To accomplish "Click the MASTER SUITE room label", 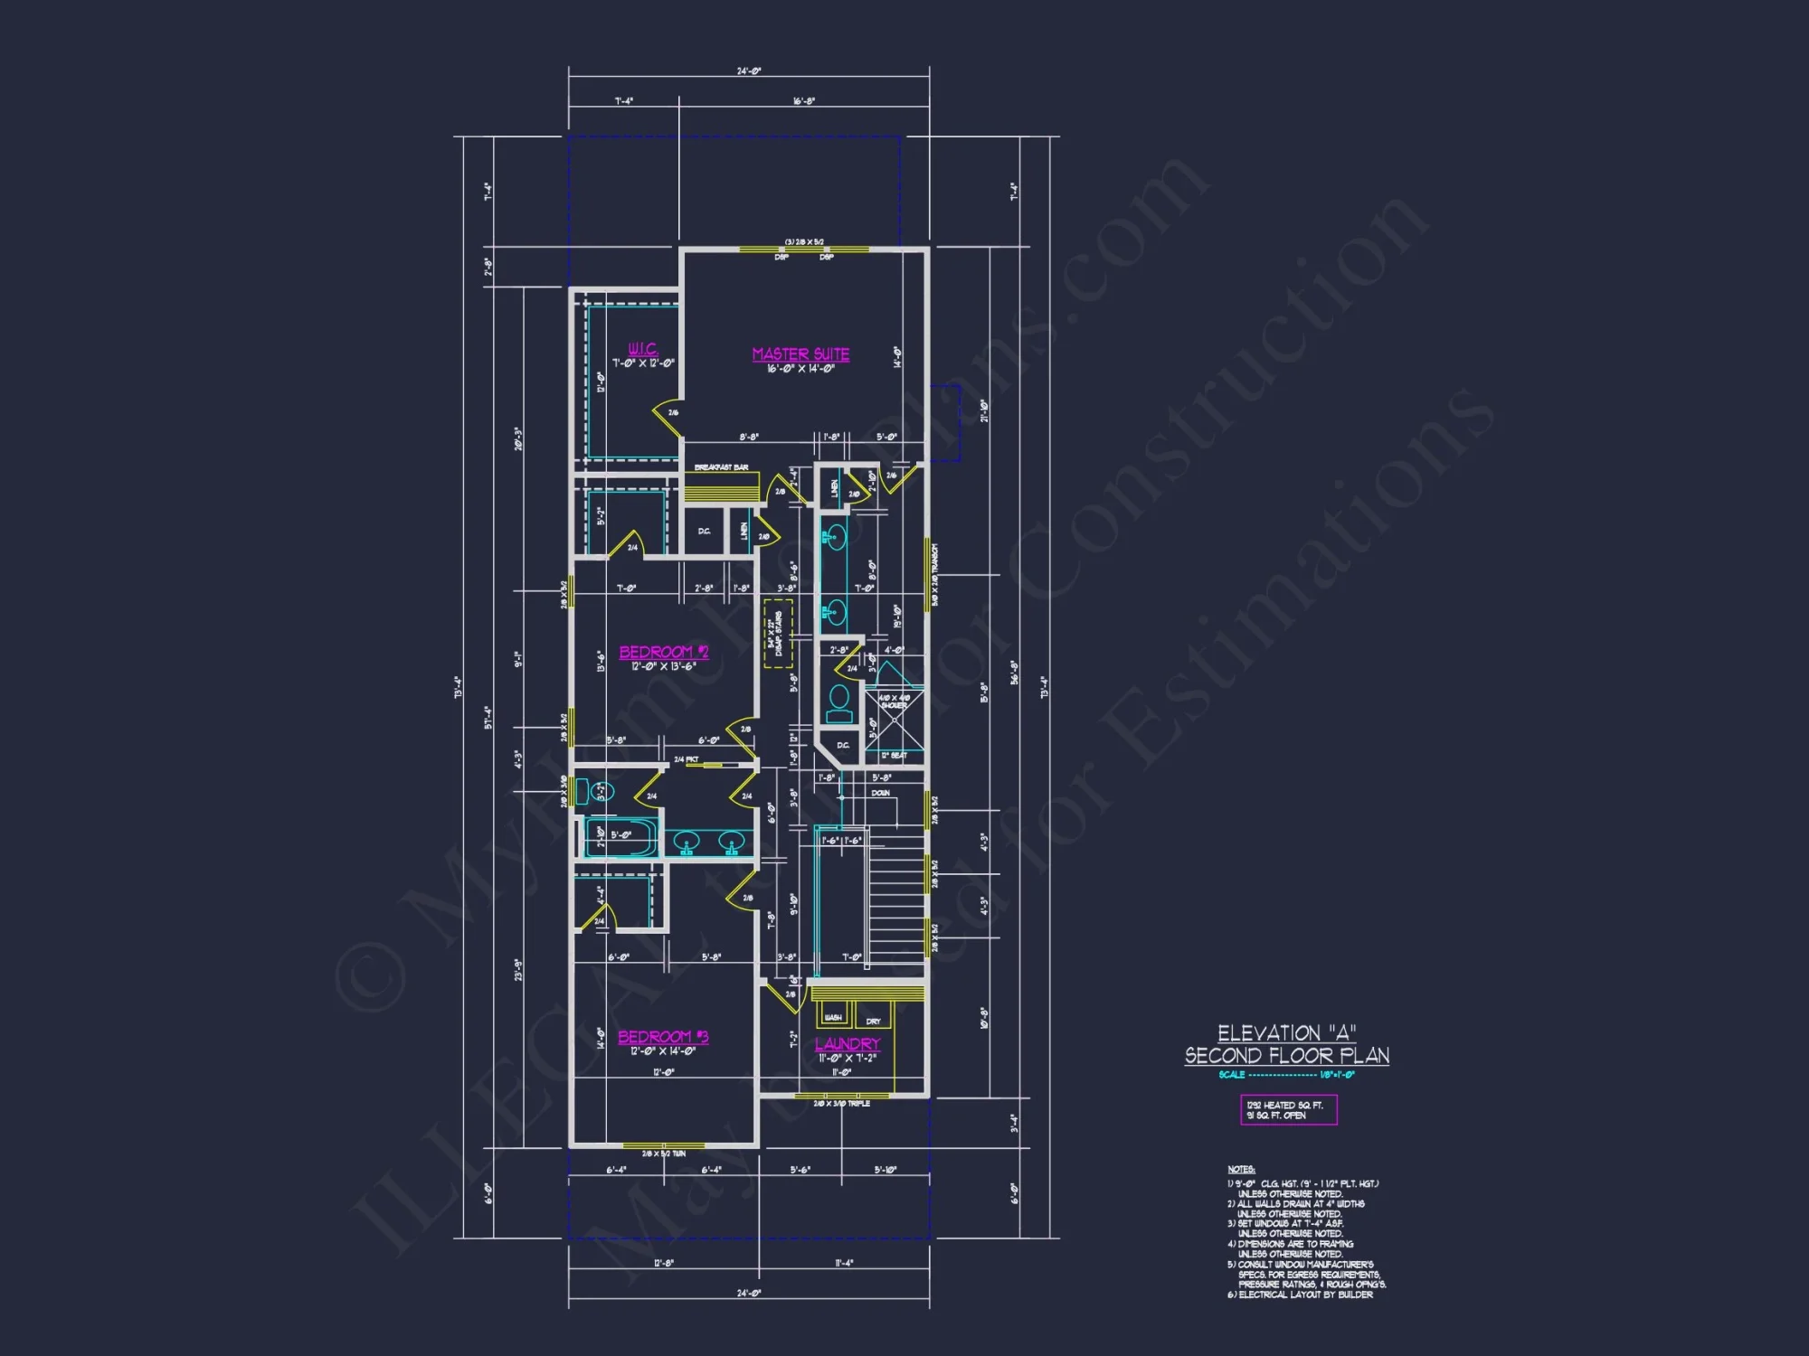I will [800, 354].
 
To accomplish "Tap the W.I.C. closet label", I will [643, 349].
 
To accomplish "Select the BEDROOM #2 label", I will [663, 652].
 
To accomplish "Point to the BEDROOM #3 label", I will [663, 1037].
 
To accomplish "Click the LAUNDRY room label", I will [848, 1044].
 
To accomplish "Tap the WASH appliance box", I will [833, 1015].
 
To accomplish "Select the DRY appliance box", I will [873, 1017].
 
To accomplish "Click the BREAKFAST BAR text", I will [721, 467].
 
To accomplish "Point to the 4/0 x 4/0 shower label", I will [894, 702].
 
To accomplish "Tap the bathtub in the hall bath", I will [620, 836].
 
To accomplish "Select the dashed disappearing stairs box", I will [778, 633].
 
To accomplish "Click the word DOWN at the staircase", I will [880, 793].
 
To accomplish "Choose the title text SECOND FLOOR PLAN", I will [1286, 1055].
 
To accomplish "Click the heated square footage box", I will [1288, 1109].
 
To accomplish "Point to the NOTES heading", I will [1240, 1170].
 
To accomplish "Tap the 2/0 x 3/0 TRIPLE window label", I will [841, 1104].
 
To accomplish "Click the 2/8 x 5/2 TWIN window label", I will [664, 1154].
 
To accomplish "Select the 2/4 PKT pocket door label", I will [686, 759].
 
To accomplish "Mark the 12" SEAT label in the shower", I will [894, 755].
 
